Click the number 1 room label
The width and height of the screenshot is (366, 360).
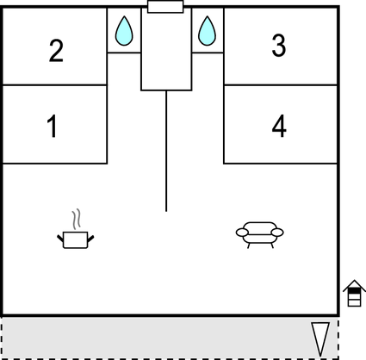[x=53, y=126]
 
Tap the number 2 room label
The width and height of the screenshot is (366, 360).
[x=56, y=51]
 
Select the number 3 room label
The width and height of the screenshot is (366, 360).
[x=279, y=46]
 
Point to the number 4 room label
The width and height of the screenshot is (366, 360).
[x=279, y=126]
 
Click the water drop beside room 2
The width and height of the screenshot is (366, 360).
[x=124, y=31]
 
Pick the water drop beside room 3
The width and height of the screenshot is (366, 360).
[x=207, y=31]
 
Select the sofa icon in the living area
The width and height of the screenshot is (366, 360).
[x=260, y=235]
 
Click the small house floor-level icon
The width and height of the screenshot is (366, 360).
[x=355, y=293]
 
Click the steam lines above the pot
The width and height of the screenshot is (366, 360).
[x=76, y=219]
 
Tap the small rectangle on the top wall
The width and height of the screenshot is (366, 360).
[x=165, y=7]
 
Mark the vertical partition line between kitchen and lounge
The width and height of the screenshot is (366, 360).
[x=166, y=151]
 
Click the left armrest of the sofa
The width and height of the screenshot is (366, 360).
[x=242, y=233]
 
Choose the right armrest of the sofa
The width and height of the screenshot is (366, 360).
[x=277, y=233]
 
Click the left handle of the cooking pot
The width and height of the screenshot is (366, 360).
[x=60, y=239]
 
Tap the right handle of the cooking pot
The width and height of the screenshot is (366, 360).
[x=90, y=239]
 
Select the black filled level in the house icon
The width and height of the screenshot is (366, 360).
[x=354, y=290]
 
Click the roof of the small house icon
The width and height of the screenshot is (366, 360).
[x=355, y=283]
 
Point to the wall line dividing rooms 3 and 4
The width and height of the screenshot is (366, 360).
[x=281, y=85]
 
